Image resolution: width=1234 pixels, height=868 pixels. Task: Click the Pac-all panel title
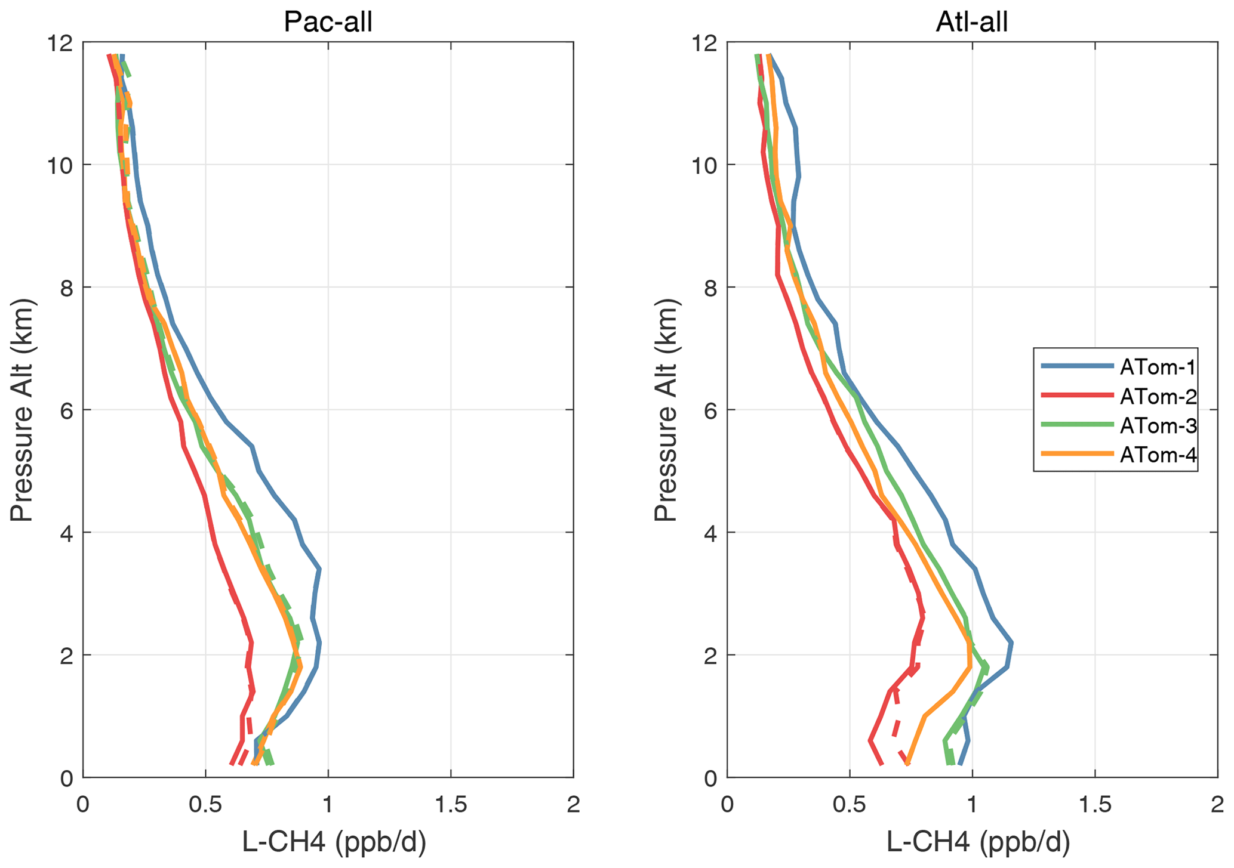coord(328,23)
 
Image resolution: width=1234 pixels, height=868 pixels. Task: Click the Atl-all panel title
coord(971,23)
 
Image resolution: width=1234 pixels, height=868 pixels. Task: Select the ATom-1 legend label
coord(1158,367)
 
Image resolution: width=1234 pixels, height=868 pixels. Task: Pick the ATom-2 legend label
coord(1158,396)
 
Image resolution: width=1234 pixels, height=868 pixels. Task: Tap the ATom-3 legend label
coord(1158,425)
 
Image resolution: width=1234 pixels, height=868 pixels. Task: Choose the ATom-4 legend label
coord(1158,455)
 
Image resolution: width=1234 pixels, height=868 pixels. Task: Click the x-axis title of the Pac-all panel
coord(334,842)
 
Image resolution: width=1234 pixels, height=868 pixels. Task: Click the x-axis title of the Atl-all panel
coord(978,842)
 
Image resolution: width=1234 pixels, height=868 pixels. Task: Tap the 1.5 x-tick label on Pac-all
coord(451,805)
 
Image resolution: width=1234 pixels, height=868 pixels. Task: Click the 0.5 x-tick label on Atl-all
coord(849,805)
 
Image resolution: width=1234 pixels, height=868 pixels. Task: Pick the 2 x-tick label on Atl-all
coord(1218,805)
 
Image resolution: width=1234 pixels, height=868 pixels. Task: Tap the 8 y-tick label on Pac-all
coord(66,288)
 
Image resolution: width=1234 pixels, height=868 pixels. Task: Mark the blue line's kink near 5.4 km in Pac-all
coord(252,446)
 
